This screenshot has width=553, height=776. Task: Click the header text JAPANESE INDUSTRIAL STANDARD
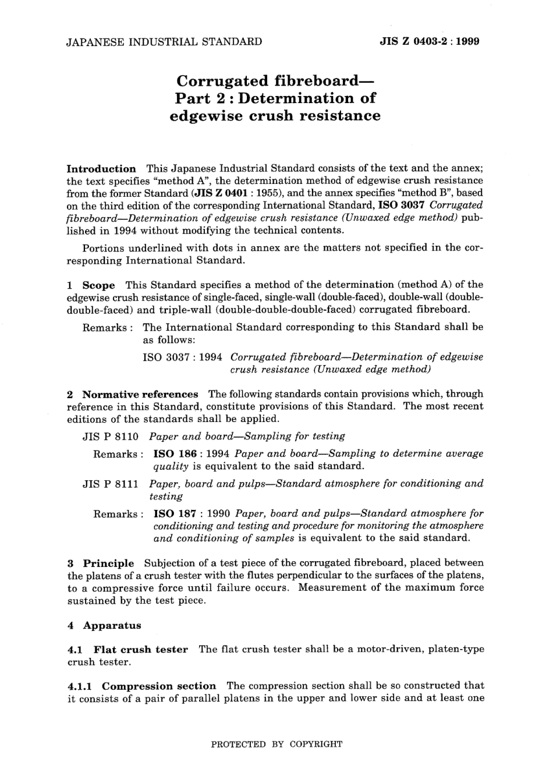coord(165,42)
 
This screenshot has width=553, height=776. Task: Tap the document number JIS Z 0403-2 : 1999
coord(429,42)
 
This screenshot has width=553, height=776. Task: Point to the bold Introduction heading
coord(101,169)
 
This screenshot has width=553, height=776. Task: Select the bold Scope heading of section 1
coord(98,285)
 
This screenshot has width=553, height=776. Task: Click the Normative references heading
coord(140,394)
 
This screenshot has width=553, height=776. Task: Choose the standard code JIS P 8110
coord(111,436)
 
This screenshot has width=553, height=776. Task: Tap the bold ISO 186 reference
coord(175,453)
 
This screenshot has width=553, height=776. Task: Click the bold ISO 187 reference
coord(175,513)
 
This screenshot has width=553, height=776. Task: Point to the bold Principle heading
coord(108,563)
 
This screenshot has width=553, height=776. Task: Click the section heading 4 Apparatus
coord(105,626)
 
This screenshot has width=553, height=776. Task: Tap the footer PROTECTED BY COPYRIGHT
coord(276,744)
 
